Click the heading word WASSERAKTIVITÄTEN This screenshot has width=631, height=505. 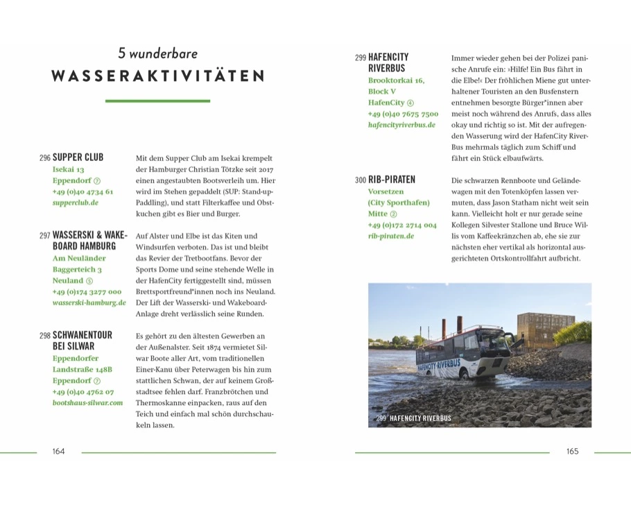[x=157, y=76]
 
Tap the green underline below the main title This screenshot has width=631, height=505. [x=157, y=101]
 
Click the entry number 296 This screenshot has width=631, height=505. [x=44, y=158]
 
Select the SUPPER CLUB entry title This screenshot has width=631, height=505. [x=78, y=157]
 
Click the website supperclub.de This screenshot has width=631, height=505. [x=76, y=203]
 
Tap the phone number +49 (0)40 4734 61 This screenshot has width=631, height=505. [x=83, y=191]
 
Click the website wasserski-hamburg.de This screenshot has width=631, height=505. [x=89, y=302]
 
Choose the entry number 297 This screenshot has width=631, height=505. [x=44, y=236]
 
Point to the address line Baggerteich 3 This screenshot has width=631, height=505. [x=78, y=269]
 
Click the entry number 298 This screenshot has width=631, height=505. [x=44, y=336]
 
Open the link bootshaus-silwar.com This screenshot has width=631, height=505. [x=87, y=402]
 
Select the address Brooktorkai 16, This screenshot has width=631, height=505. [x=396, y=80]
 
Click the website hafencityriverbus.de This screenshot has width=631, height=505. [x=401, y=125]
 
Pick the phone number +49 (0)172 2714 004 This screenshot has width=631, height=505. [x=402, y=225]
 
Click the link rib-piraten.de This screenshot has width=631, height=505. [x=391, y=236]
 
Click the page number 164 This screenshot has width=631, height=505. [x=58, y=452]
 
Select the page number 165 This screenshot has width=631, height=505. [x=572, y=452]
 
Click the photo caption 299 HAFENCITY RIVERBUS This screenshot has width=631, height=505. [x=413, y=418]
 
